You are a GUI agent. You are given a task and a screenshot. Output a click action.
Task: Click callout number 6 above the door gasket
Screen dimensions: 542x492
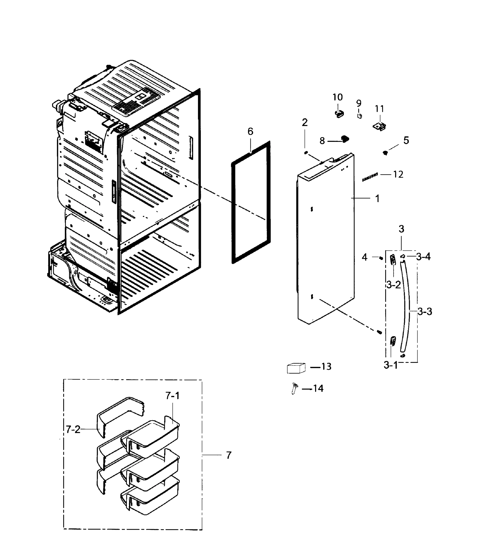(250, 132)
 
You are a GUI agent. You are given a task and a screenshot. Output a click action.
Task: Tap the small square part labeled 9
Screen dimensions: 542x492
(360, 116)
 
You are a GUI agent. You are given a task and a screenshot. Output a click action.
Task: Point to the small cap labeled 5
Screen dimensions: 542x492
(386, 153)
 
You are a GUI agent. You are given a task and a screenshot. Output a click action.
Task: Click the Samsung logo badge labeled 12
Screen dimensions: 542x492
(370, 177)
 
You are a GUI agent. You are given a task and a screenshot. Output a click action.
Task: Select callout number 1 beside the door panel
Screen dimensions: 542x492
(377, 199)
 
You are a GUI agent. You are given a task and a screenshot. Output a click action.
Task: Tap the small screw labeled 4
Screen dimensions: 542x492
(381, 258)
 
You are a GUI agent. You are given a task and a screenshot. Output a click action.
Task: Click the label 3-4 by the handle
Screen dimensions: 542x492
(423, 257)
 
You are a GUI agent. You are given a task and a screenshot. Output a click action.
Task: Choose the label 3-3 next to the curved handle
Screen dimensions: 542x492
(425, 312)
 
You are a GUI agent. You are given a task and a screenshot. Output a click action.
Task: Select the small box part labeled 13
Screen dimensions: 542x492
(296, 368)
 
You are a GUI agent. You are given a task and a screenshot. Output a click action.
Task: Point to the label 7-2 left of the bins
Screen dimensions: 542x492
(73, 429)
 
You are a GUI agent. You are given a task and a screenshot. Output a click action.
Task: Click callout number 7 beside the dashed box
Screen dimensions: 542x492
(228, 455)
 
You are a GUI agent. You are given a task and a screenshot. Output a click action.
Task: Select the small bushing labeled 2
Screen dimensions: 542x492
(306, 153)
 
